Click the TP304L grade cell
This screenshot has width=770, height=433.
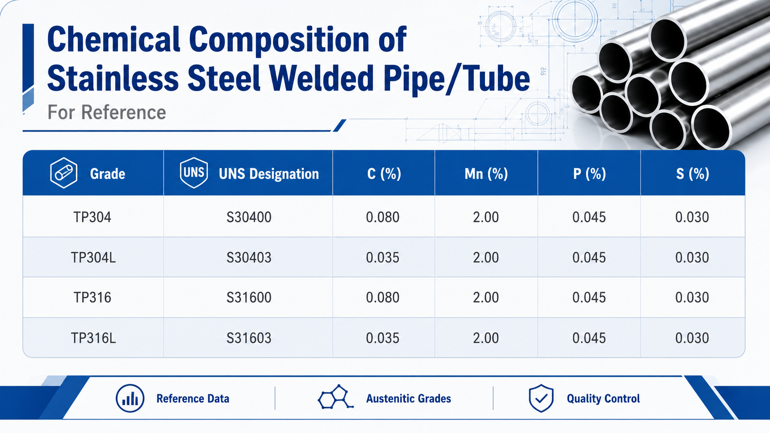click(93, 257)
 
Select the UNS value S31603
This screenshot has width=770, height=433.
click(249, 338)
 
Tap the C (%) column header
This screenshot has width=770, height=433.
click(384, 174)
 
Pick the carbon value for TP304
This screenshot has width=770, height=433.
click(383, 217)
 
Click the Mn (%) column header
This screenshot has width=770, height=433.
click(486, 174)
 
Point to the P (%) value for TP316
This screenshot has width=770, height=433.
click(589, 297)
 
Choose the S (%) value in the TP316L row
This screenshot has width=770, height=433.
click(692, 338)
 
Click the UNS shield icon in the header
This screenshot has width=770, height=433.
click(194, 173)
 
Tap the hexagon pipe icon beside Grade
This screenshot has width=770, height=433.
click(64, 173)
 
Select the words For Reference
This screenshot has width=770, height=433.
click(106, 112)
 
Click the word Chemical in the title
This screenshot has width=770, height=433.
click(113, 40)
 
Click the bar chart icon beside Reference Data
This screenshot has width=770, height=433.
click(130, 398)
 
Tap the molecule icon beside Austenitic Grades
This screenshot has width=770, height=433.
click(335, 397)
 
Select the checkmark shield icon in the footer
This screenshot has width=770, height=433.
click(541, 398)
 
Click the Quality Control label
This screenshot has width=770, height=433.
click(603, 398)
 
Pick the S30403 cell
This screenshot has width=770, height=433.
click(249, 257)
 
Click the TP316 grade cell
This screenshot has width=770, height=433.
click(93, 297)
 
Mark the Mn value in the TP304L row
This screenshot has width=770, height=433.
click(486, 257)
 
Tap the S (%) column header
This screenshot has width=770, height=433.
click(693, 174)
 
